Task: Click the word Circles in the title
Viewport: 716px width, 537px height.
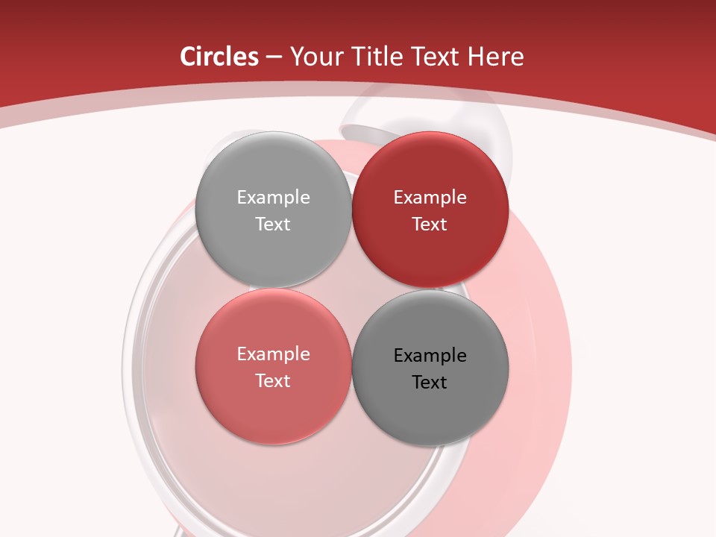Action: point(219,57)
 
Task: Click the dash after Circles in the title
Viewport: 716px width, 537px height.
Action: point(274,57)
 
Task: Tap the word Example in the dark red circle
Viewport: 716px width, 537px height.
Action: point(430,198)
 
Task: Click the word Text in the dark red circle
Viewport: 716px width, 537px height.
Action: point(430,224)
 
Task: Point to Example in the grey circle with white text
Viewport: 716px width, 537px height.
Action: point(273,198)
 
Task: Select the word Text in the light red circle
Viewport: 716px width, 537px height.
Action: point(273,381)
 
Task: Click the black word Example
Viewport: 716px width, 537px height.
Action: point(430,356)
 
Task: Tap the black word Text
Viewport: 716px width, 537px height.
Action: point(430,383)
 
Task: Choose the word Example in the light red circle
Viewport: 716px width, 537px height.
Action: point(273,354)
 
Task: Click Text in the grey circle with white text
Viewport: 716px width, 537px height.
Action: point(273,224)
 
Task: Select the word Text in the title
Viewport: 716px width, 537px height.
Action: point(436,57)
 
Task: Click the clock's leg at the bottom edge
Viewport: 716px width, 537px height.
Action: point(179,531)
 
